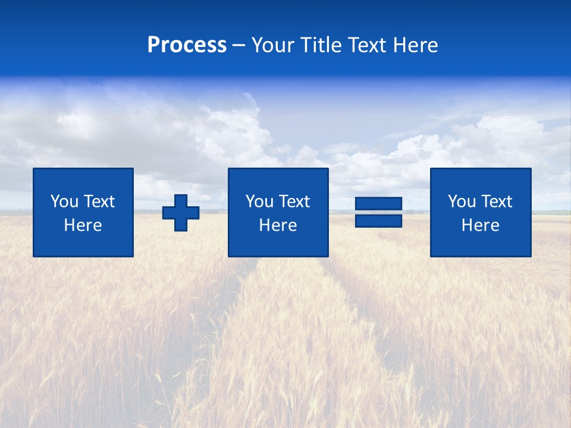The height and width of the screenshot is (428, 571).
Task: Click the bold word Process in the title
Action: coord(187,45)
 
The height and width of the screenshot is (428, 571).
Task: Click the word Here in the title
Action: coord(416,45)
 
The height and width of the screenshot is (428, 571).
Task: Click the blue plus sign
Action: coord(181,213)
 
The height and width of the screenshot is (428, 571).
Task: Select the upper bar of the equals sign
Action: coord(378,204)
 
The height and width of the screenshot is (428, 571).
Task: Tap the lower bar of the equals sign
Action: coord(378,221)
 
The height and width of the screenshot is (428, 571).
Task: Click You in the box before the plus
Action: coord(64,202)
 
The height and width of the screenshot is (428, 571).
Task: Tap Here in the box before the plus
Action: coord(83,225)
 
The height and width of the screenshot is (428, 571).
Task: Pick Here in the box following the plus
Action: coord(278,225)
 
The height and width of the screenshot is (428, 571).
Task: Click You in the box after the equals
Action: coord(461,202)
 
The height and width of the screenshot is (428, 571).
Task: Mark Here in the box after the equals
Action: coord(480,225)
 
